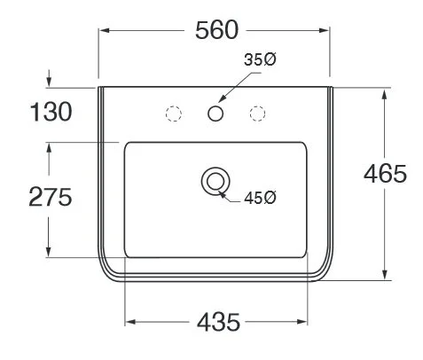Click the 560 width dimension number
[216, 30]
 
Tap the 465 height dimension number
[385, 174]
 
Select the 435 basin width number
[216, 322]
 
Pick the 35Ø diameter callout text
[259, 61]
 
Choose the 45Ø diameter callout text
[260, 197]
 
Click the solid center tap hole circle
[215, 113]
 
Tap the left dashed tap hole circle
[174, 113]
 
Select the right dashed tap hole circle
[258, 113]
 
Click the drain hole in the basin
[214, 181]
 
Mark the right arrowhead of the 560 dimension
[328, 31]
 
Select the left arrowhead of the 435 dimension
[130, 321]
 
